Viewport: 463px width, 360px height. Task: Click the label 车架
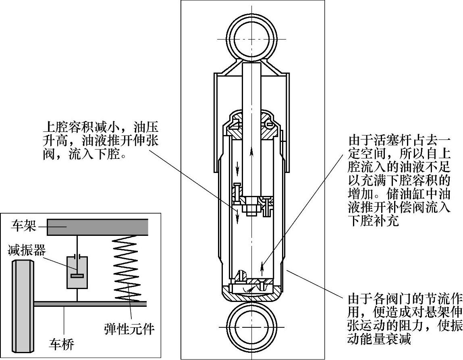(x=24, y=226)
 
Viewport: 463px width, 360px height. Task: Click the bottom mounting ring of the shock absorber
(x=252, y=326)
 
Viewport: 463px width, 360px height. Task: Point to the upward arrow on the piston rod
(x=252, y=153)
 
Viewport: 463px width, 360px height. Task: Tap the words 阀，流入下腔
(x=82, y=154)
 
